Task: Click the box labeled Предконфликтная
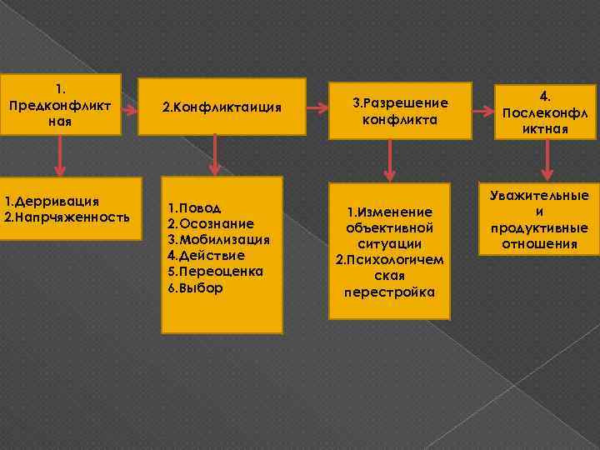(60, 104)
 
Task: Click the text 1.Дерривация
(52, 201)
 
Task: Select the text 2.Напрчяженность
(67, 217)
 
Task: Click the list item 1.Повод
(194, 207)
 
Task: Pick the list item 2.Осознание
(211, 223)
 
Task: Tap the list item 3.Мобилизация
(218, 240)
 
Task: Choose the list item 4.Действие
(206, 256)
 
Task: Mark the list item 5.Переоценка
(215, 272)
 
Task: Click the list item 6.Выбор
(195, 287)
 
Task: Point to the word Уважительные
(539, 195)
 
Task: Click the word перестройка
(389, 292)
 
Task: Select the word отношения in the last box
(539, 243)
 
